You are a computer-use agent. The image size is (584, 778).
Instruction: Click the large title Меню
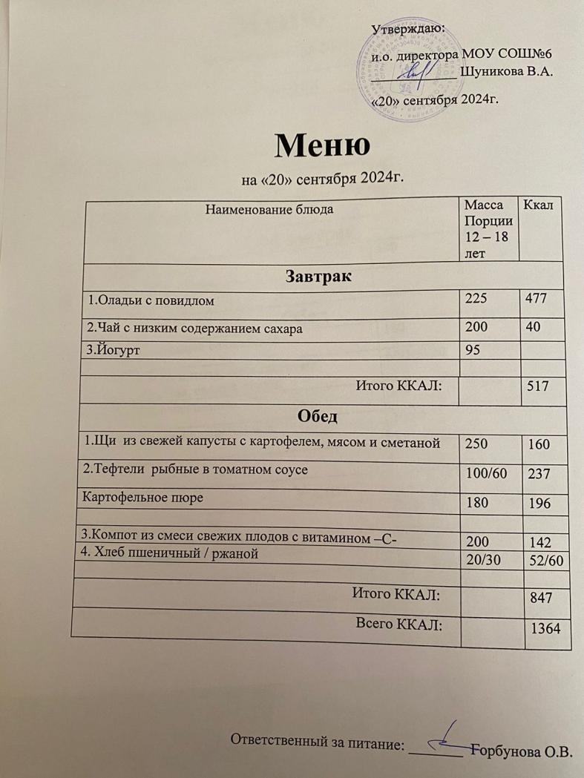click(321, 145)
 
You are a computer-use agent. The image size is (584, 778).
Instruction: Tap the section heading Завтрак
click(318, 277)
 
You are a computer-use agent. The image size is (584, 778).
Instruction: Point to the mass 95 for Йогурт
click(472, 347)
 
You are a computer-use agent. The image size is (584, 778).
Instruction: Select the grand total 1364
click(545, 627)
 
